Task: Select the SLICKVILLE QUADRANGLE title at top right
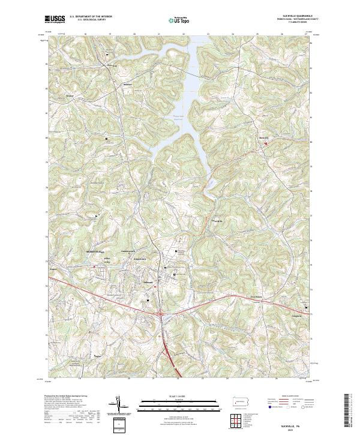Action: [293, 15]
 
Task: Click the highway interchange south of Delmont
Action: [161, 313]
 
